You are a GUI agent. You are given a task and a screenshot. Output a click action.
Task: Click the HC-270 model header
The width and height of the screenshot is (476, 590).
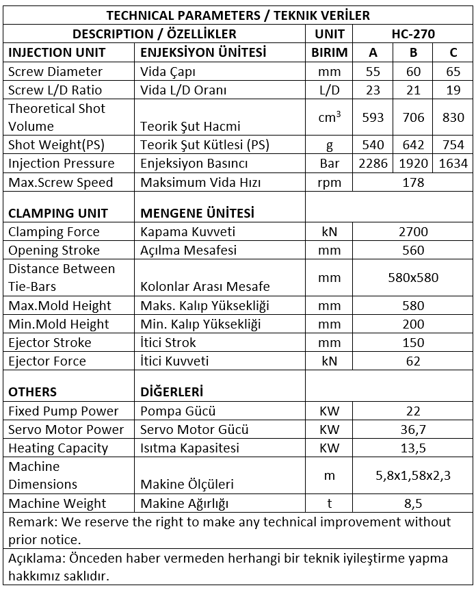click(x=413, y=34)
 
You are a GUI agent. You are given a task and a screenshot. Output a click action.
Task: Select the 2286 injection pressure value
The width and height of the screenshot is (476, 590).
click(x=373, y=164)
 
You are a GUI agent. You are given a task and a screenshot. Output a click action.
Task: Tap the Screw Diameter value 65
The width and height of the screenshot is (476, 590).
click(x=453, y=71)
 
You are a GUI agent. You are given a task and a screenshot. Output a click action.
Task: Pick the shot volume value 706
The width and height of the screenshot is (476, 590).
click(x=413, y=117)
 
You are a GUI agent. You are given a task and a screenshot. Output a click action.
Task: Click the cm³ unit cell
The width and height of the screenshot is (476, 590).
click(x=330, y=117)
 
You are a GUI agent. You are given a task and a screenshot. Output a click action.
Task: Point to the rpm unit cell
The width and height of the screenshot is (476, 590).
click(x=330, y=182)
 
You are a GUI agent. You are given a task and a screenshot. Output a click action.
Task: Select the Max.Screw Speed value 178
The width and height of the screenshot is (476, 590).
click(x=413, y=182)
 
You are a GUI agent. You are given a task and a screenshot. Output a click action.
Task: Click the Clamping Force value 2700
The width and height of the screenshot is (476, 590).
click(x=413, y=231)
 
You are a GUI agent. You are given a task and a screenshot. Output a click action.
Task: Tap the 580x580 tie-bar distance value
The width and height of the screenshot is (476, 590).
click(x=413, y=278)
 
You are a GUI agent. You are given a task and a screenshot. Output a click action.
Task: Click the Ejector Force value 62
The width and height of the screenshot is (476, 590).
click(x=413, y=361)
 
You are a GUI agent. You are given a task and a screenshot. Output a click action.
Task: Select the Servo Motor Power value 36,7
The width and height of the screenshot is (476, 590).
click(x=413, y=429)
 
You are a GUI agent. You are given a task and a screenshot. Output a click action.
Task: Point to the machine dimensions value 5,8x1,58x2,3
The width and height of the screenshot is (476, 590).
click(x=413, y=476)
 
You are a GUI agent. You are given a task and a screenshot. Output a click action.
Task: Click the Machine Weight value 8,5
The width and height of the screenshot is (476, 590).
click(x=413, y=503)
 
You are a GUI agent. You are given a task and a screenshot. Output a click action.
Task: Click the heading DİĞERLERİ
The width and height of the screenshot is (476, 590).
click(x=172, y=392)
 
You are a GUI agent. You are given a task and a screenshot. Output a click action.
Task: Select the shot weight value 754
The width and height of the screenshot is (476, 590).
click(x=453, y=144)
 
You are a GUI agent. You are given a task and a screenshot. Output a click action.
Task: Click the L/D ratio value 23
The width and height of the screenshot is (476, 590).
click(x=373, y=90)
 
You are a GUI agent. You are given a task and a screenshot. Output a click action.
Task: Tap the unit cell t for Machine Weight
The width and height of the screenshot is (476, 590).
click(x=330, y=503)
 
